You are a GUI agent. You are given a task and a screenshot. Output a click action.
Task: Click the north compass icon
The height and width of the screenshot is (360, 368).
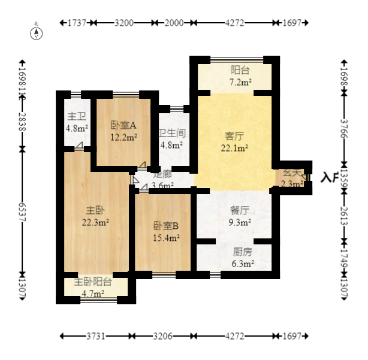[37, 32]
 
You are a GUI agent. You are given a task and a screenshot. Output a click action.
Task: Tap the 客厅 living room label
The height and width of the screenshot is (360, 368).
[234, 135]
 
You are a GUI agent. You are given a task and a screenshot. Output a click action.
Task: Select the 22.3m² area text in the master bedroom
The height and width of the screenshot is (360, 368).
[95, 222]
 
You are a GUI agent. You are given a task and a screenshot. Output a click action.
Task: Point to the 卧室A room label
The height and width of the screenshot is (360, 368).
[123, 126]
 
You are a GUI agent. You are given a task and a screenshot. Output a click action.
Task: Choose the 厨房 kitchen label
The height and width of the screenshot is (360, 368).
[242, 252]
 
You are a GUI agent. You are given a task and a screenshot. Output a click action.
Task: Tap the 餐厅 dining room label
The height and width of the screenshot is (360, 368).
[240, 211]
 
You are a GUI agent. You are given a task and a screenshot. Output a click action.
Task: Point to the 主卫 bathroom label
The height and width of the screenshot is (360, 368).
[76, 116]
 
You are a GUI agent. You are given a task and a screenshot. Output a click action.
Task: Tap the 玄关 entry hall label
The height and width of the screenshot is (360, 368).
[292, 173]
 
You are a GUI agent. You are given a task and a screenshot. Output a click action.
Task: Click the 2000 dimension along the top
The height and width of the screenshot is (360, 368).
[174, 23]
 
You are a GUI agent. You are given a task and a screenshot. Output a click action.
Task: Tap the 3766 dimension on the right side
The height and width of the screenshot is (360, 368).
[344, 132]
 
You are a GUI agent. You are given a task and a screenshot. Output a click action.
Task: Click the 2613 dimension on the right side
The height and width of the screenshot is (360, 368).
[344, 213]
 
